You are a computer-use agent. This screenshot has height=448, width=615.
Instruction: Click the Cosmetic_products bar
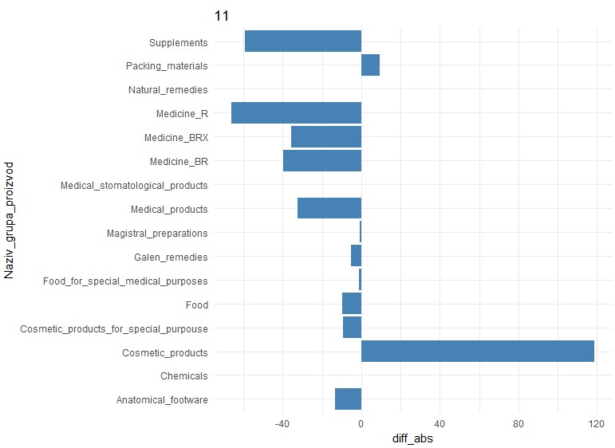[477, 352]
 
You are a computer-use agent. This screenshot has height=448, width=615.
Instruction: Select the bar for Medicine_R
[296, 113]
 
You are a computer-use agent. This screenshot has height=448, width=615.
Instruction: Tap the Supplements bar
[303, 41]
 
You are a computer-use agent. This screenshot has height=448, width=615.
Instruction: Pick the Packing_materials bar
[370, 65]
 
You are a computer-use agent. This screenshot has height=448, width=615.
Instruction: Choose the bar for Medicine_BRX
[326, 137]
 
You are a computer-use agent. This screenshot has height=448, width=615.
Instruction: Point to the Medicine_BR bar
[322, 161]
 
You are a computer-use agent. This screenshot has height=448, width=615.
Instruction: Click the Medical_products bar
[329, 209]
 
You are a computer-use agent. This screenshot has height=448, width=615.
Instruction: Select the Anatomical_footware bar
[348, 399]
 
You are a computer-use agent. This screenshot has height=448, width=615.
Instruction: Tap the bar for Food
[352, 304]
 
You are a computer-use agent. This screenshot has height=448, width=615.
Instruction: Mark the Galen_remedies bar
[357, 257]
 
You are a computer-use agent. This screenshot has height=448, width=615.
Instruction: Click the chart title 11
[222, 15]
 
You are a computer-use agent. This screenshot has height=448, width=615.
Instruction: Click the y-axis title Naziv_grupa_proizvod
[10, 219]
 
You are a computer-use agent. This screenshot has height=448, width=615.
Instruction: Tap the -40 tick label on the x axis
[282, 424]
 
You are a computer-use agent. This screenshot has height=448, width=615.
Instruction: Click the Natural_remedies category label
[168, 90]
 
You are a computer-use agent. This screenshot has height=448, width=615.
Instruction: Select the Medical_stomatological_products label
[134, 186]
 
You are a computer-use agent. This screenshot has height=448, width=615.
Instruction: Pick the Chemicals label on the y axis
[183, 376]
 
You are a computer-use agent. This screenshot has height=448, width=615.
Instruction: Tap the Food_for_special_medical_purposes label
[125, 281]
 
